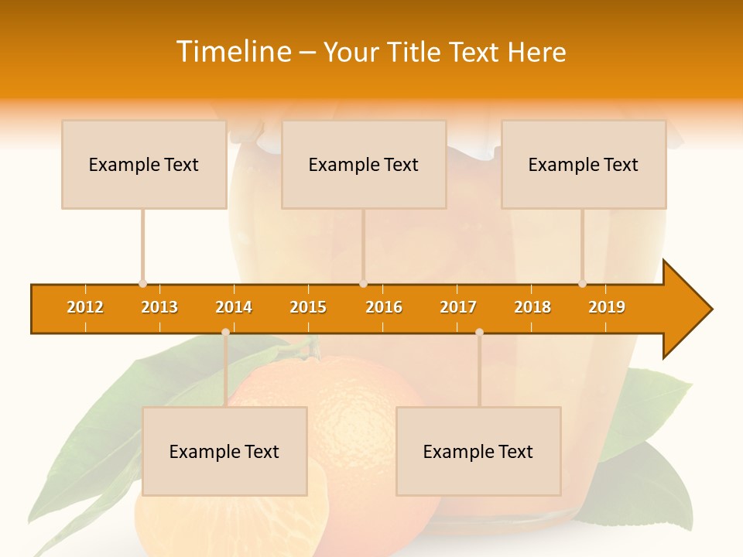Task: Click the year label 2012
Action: coord(85,307)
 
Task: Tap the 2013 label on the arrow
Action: coord(159,307)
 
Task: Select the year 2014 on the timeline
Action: coord(234,307)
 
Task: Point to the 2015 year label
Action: coord(308,307)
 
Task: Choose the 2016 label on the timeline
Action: coord(384,307)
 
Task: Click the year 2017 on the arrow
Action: coord(458,307)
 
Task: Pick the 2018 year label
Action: coord(532,307)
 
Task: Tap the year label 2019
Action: coord(607,307)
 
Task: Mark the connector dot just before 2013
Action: coord(142,284)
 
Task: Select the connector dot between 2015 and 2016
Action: coord(363,284)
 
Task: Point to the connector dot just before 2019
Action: coord(582,284)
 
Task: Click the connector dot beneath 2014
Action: coord(225,333)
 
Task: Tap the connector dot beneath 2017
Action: coord(479,333)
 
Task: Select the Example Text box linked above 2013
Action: coord(144,165)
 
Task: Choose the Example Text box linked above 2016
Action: coord(364,165)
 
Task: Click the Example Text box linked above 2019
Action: coord(584,165)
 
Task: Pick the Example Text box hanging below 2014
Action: coord(224,452)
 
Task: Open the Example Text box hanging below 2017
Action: coord(478,452)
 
